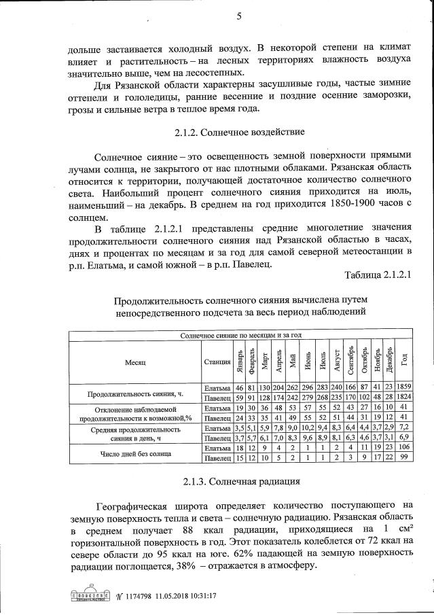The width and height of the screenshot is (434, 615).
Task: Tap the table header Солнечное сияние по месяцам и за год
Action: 240,336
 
